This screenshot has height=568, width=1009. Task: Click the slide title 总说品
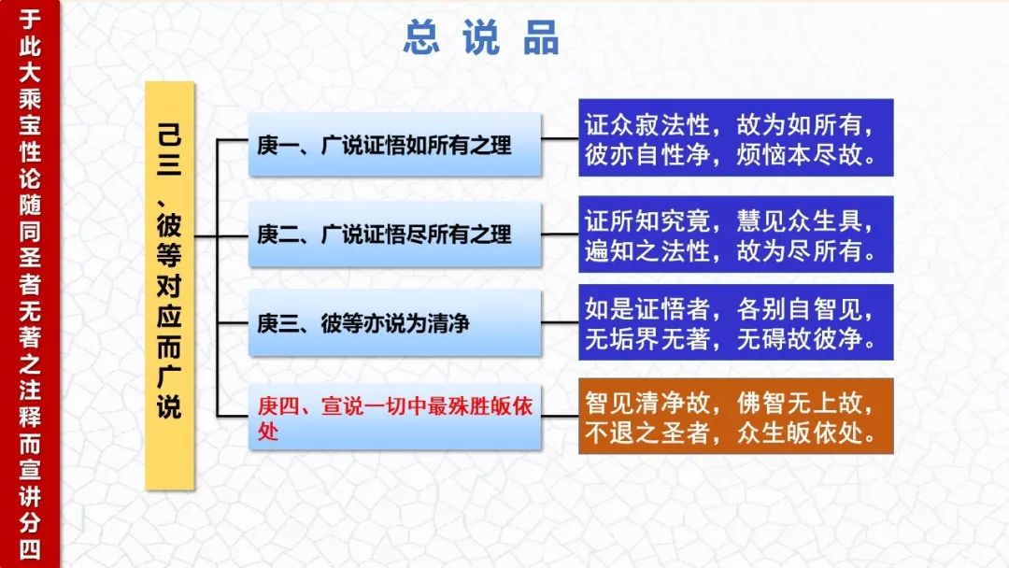coord(481,37)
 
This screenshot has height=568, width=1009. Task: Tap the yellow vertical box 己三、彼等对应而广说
coord(170,286)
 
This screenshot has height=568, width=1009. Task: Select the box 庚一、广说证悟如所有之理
coord(394,145)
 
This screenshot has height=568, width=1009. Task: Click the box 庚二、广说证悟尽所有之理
coord(394,234)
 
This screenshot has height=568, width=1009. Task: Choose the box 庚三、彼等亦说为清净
coord(394,323)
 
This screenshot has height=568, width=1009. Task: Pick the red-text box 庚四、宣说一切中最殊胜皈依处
coord(394,418)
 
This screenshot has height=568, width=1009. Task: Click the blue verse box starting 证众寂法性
coord(735,137)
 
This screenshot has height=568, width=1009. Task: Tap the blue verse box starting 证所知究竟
coord(735,234)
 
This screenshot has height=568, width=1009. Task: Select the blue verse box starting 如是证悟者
coord(735,322)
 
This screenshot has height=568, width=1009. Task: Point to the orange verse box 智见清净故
coord(735,416)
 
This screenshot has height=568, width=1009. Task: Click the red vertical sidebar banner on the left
coord(30,284)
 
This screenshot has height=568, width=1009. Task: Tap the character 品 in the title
coord(541,37)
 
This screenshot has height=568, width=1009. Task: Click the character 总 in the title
coord(421,37)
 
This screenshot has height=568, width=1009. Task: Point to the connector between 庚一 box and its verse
coord(560,138)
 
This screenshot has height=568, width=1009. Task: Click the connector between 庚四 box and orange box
coord(560,416)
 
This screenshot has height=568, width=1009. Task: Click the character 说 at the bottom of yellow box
coord(169,405)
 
